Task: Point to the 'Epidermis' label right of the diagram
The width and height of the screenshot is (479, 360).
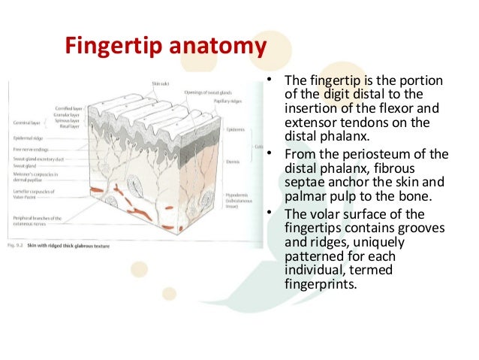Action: pos(233,130)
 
